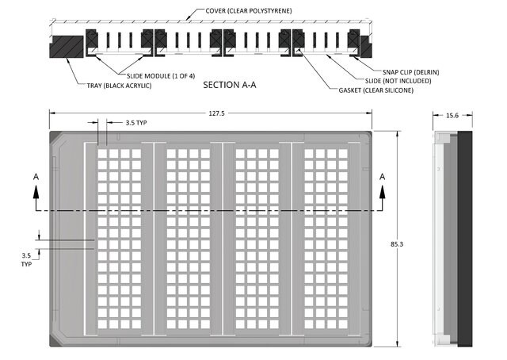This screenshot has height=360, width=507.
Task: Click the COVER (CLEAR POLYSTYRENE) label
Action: click(249, 10)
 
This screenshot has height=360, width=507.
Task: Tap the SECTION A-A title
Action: click(230, 85)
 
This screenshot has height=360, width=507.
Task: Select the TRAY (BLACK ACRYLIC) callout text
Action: click(119, 86)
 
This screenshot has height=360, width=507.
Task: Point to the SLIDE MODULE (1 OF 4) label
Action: click(161, 76)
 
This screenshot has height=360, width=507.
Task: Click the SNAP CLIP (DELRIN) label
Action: click(410, 72)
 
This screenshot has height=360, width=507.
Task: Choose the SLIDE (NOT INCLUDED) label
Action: click(398, 81)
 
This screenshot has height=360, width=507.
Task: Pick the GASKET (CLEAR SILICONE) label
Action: click(376, 90)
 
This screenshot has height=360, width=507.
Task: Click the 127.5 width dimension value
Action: click(216, 113)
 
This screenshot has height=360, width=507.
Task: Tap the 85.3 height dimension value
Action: click(397, 244)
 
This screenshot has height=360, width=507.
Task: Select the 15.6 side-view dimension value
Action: click(452, 116)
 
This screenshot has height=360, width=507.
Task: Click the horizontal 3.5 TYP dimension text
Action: click(136, 123)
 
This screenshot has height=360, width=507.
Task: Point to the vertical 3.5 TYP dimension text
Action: click(26, 260)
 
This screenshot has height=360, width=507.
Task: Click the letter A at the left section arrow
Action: click(36, 177)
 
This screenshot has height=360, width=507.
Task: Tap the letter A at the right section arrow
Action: click(383, 177)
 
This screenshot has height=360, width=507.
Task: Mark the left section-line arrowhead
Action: click(36, 192)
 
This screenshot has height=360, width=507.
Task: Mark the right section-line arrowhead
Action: click(383, 192)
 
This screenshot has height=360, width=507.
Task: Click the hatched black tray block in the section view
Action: click(66, 47)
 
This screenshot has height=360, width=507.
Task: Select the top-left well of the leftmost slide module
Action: click(102, 154)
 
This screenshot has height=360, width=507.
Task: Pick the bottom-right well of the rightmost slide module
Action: click(343, 324)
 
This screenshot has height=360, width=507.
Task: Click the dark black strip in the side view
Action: click(465, 239)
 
